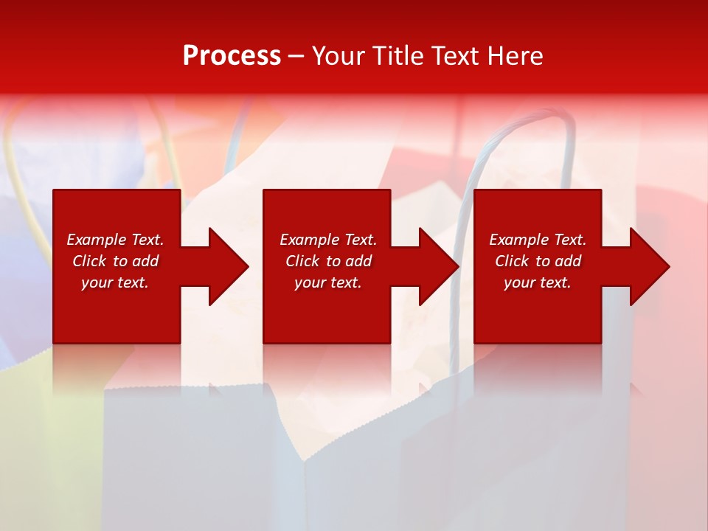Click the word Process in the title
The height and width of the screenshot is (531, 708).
pyautogui.click(x=232, y=56)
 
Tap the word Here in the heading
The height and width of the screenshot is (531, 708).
pyautogui.click(x=514, y=56)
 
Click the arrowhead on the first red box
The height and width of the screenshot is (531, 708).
pyautogui.click(x=226, y=266)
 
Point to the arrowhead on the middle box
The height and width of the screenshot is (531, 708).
pyautogui.click(x=437, y=266)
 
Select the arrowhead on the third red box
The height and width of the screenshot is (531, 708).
pyautogui.click(x=647, y=266)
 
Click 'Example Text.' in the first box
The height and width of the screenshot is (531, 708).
pyautogui.click(x=115, y=240)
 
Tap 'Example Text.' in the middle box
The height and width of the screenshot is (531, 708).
pyautogui.click(x=328, y=240)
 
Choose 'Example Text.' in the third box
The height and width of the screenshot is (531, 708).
pyautogui.click(x=538, y=240)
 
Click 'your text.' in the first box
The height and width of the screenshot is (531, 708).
pyautogui.click(x=115, y=282)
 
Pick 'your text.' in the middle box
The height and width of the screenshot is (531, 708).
pyautogui.click(x=328, y=282)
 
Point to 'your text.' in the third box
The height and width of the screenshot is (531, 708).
pyautogui.click(x=538, y=282)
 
